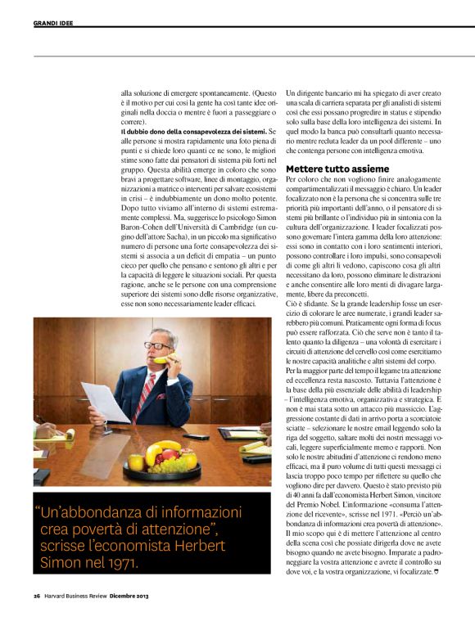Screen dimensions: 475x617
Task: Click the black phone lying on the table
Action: pyautogui.click(x=195, y=436)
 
